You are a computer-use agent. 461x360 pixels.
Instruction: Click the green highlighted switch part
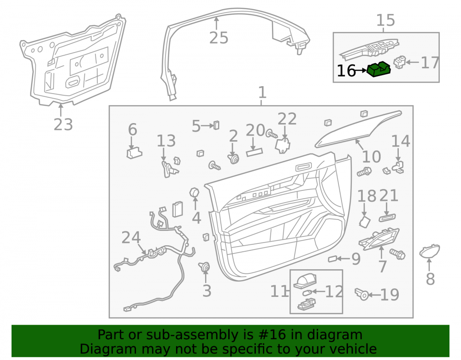coord(378,69)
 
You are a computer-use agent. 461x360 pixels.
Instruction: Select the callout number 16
coord(346,71)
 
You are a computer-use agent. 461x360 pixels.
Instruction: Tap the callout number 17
coord(430,63)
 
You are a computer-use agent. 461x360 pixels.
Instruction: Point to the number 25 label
coord(219,38)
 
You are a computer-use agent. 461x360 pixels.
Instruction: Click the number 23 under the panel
coord(63,124)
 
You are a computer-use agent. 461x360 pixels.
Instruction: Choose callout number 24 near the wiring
coord(131,237)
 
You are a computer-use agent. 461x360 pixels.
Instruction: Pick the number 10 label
coord(371,156)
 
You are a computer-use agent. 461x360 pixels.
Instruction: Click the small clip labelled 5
coord(216,125)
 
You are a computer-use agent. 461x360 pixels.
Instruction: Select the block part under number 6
coord(134,153)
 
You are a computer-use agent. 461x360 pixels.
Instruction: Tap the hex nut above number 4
coord(195,193)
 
